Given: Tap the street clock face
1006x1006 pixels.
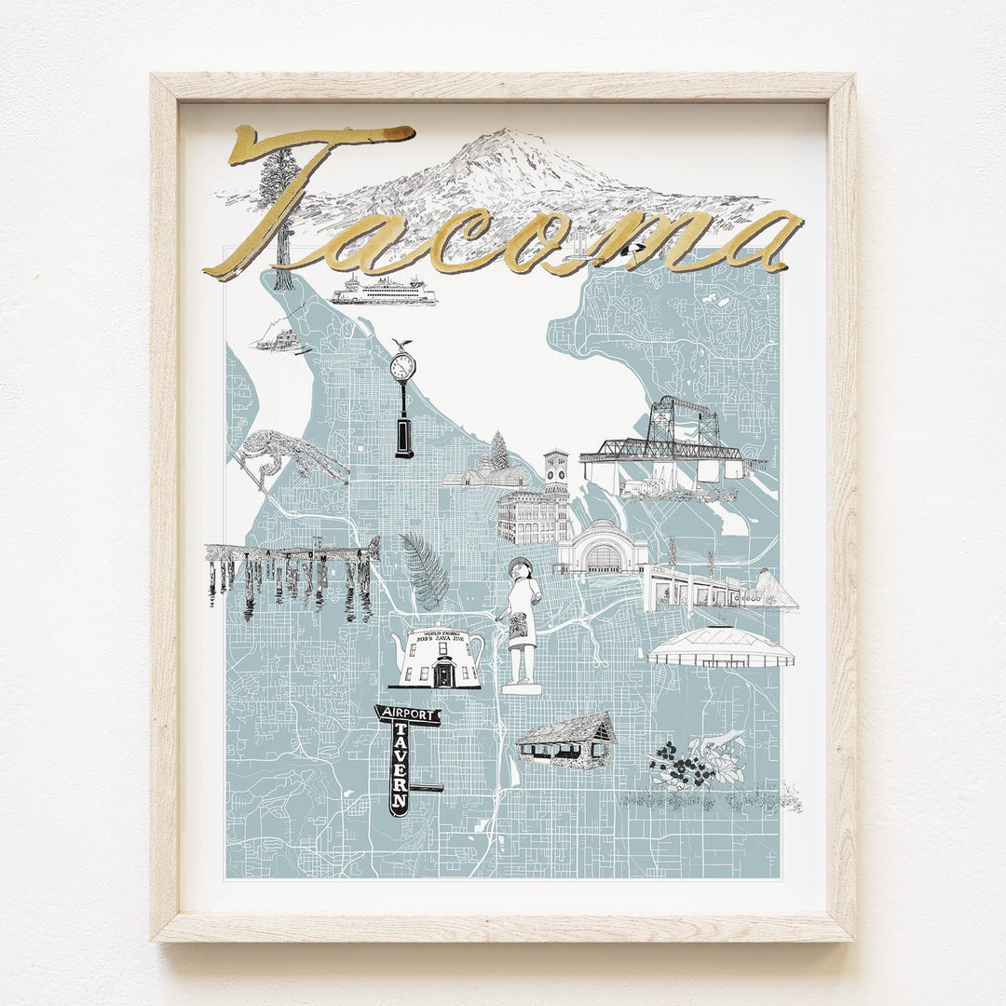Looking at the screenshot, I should [402, 367].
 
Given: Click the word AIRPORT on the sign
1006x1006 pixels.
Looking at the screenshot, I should [406, 715].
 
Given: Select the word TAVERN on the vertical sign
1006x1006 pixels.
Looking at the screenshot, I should [400, 773].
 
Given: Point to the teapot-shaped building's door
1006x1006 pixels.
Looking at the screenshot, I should [442, 673].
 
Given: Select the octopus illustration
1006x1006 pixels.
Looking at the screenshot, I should [289, 454].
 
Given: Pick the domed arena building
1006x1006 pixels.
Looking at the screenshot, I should [720, 647].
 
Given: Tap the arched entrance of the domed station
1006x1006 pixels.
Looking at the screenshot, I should [603, 558].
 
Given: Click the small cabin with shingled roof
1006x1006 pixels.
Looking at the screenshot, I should [566, 740].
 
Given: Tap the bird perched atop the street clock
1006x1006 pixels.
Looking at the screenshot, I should [402, 345].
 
